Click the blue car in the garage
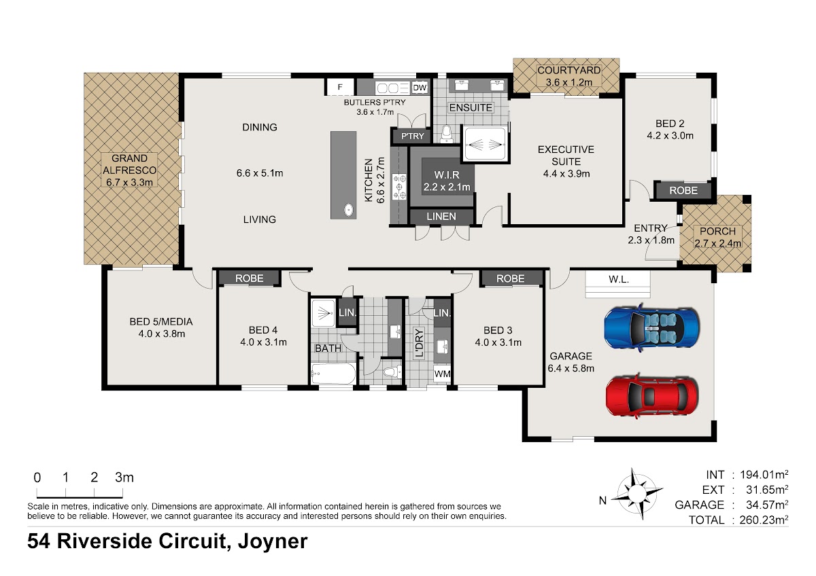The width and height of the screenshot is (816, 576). tap(651, 327)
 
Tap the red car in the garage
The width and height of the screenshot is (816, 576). tap(652, 397)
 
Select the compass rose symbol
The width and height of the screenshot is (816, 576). tap(636, 493)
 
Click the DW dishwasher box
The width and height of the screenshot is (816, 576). tap(420, 88)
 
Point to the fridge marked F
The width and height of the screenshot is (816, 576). tap(339, 88)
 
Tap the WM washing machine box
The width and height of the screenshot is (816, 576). tap(442, 374)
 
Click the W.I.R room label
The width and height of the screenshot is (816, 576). tap(447, 175)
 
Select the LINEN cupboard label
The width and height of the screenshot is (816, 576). tap(441, 217)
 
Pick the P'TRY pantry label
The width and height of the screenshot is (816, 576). tap(412, 136)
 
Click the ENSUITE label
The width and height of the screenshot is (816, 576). tap(471, 108)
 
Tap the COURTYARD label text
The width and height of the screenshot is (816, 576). tap(568, 70)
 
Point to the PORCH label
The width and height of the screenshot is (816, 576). tap(717, 231)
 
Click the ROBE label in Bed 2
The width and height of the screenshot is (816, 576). tap(683, 190)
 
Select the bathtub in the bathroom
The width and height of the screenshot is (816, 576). tap(333, 374)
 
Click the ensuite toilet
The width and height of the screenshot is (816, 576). tap(447, 134)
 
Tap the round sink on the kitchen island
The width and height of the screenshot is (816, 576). tap(349, 210)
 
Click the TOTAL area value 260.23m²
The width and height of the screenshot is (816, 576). tap(764, 520)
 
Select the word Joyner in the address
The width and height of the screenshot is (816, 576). tap(273, 542)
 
